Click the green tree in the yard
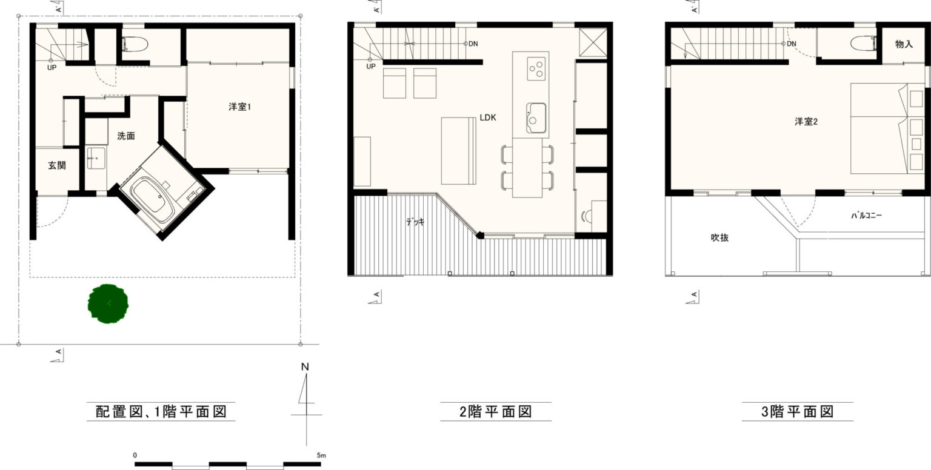click(x=108, y=304)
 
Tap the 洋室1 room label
click(x=240, y=107)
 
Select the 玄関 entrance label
click(x=57, y=165)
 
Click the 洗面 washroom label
click(x=126, y=136)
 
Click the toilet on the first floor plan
click(x=135, y=44)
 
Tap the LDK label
click(x=488, y=117)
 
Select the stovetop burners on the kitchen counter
click(x=536, y=69)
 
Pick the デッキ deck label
click(x=415, y=222)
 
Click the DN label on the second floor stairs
click(x=473, y=44)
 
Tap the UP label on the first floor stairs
click(x=52, y=67)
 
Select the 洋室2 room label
click(x=806, y=121)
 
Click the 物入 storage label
click(x=904, y=44)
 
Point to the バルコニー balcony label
click(x=866, y=215)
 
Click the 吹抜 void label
click(x=720, y=237)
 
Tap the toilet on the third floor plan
click(x=864, y=43)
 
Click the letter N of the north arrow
click(x=305, y=366)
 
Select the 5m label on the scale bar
click(x=321, y=455)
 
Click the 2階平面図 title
click(x=496, y=411)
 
